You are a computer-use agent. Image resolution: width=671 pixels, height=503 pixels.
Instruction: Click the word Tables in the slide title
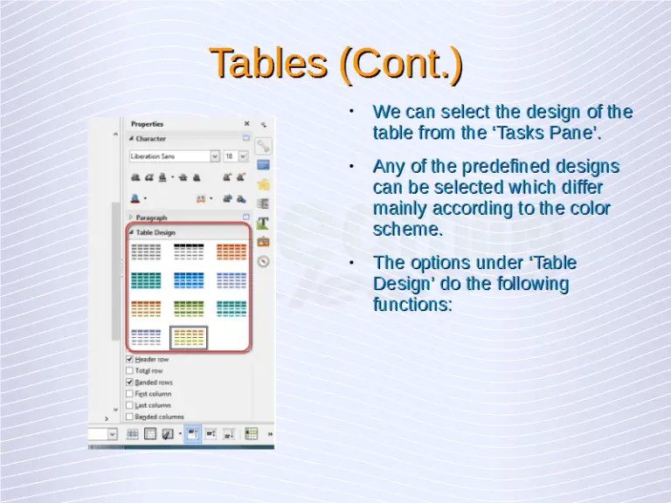point(268,64)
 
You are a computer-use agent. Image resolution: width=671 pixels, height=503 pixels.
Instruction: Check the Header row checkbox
point(130,359)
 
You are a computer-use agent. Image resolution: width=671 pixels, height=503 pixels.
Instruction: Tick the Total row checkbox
point(130,370)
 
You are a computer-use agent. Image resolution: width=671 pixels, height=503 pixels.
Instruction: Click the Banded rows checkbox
point(130,382)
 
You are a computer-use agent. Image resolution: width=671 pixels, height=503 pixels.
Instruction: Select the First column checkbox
point(130,394)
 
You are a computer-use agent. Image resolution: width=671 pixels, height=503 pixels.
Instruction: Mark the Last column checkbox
point(130,405)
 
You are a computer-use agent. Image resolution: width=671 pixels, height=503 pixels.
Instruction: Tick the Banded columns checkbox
point(130,417)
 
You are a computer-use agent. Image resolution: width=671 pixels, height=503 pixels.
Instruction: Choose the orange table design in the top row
point(232,251)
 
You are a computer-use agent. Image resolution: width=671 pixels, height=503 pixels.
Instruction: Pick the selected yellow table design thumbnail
point(189,337)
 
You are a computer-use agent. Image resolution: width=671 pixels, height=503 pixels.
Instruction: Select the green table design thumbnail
point(189,308)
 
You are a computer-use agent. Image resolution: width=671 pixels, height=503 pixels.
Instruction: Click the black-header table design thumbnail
point(189,251)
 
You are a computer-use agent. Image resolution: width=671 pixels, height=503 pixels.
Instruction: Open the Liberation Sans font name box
point(173,156)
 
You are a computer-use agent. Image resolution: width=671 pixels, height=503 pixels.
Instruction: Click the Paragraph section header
point(151,217)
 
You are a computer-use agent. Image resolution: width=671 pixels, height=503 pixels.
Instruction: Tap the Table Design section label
point(156,233)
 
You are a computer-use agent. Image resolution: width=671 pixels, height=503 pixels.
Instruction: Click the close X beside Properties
point(246,124)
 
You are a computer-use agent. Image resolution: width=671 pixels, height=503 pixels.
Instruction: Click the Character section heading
point(150,139)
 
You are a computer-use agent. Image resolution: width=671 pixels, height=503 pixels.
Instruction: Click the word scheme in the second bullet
point(407,230)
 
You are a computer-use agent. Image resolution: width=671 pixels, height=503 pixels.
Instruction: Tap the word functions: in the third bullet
point(412,305)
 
